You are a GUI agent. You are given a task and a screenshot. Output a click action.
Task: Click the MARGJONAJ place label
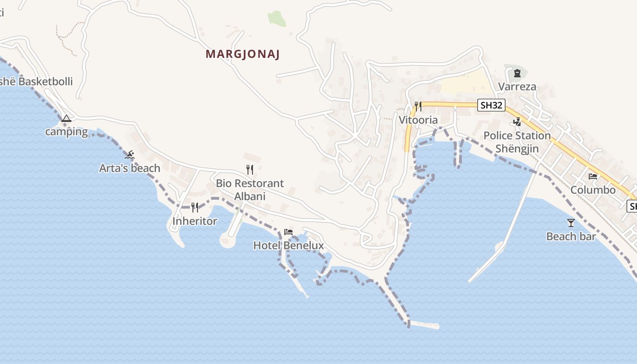[x=243, y=54]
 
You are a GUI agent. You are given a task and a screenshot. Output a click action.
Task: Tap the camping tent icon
[x=66, y=119]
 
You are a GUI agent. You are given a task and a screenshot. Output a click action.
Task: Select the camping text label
[x=66, y=131]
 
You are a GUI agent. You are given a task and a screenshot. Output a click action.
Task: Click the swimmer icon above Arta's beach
[x=130, y=155]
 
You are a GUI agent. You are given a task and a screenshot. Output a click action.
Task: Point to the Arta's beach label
[x=130, y=168]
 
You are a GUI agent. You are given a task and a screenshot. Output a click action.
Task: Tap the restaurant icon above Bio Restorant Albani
[x=249, y=170]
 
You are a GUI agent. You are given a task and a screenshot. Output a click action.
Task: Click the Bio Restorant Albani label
[x=250, y=190]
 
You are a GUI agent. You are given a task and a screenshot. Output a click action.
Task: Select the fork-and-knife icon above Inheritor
[x=195, y=207]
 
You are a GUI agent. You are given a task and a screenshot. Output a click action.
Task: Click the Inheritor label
[x=195, y=221]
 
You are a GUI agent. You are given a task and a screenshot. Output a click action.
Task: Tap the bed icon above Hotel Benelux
[x=288, y=232]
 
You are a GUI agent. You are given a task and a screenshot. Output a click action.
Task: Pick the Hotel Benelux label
[x=288, y=246]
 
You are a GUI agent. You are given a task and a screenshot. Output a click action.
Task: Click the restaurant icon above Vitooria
[x=418, y=106]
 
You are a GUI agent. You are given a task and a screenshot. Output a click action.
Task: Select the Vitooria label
[x=418, y=120]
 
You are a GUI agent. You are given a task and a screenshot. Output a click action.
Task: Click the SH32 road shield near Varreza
[x=492, y=106]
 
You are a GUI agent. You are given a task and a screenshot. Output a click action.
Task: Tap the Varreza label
[x=517, y=86]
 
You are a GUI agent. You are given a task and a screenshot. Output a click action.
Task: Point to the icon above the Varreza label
[x=517, y=73]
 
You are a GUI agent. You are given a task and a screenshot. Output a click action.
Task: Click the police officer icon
[x=517, y=122]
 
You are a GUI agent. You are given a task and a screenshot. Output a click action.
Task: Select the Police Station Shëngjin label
[x=517, y=142]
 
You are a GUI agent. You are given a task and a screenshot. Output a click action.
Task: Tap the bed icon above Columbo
[x=593, y=177]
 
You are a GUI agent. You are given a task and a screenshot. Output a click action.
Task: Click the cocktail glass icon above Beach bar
[x=571, y=223]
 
